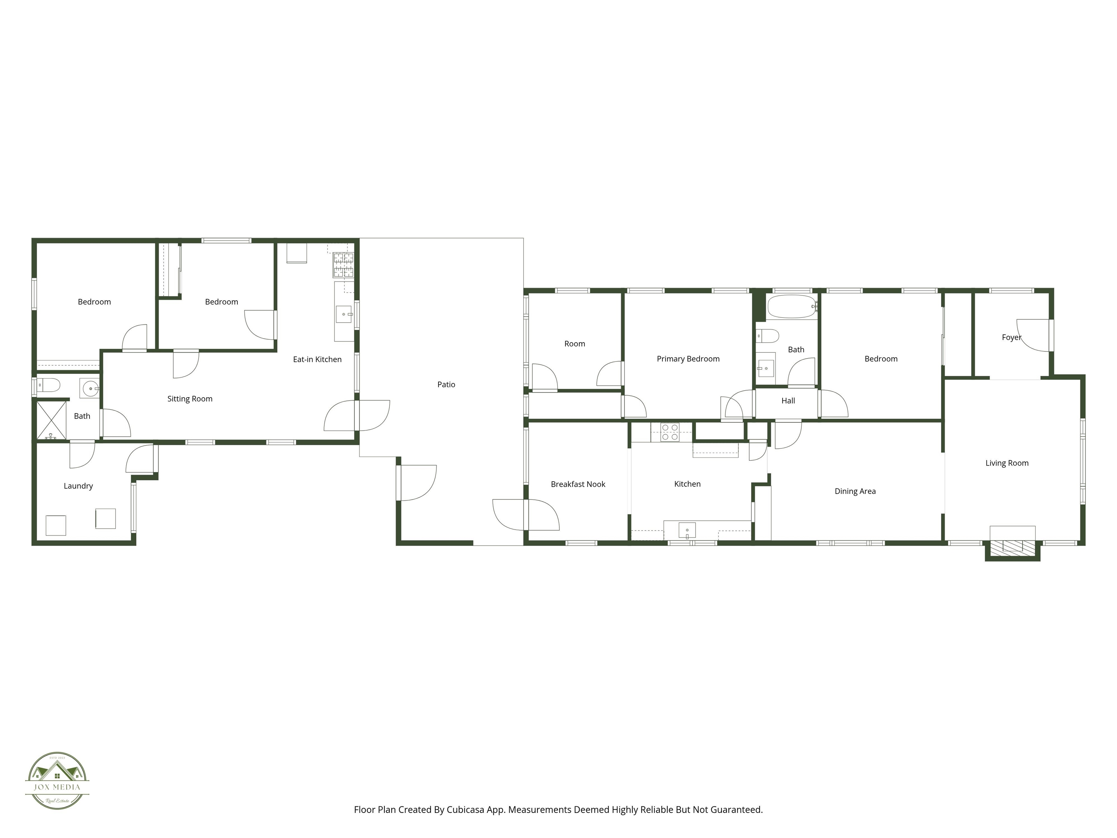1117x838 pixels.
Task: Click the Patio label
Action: click(x=446, y=384)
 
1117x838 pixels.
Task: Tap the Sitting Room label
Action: click(x=190, y=399)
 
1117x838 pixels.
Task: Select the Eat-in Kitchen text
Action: click(x=317, y=359)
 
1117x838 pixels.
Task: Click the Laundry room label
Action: click(x=78, y=486)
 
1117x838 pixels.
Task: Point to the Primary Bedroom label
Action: click(x=688, y=359)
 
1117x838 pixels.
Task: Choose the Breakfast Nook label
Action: click(x=578, y=484)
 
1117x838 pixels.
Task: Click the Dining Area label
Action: click(x=855, y=491)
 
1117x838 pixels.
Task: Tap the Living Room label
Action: click(x=1006, y=463)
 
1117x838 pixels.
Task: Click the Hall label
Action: click(x=788, y=400)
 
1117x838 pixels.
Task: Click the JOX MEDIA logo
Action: click(x=57, y=781)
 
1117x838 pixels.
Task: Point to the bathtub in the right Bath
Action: click(x=791, y=307)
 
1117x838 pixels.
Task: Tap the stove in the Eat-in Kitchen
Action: click(x=343, y=265)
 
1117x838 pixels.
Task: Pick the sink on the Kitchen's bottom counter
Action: click(x=687, y=530)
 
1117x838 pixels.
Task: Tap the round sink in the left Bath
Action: click(x=91, y=388)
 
